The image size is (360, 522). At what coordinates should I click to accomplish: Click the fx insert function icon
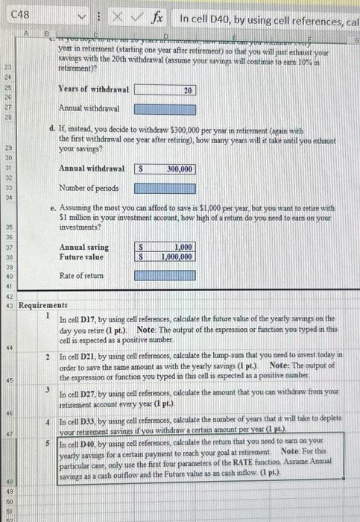click(158, 16)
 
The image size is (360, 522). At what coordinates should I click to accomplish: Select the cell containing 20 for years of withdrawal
click(165, 89)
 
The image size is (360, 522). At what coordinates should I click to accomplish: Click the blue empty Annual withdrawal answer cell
click(165, 110)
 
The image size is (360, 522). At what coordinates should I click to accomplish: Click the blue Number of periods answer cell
click(165, 189)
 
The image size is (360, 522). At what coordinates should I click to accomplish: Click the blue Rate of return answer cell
click(165, 277)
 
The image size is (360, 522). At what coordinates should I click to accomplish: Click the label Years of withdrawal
click(93, 89)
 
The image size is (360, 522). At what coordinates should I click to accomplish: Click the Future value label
click(83, 257)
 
